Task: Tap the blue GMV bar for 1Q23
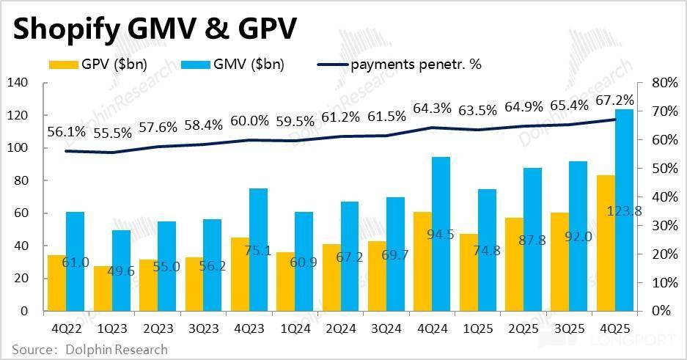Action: click(122, 271)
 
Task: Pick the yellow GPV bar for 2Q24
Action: click(331, 277)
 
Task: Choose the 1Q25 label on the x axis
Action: click(470, 327)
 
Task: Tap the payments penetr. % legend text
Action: click(416, 64)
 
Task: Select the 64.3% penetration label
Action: click(434, 109)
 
